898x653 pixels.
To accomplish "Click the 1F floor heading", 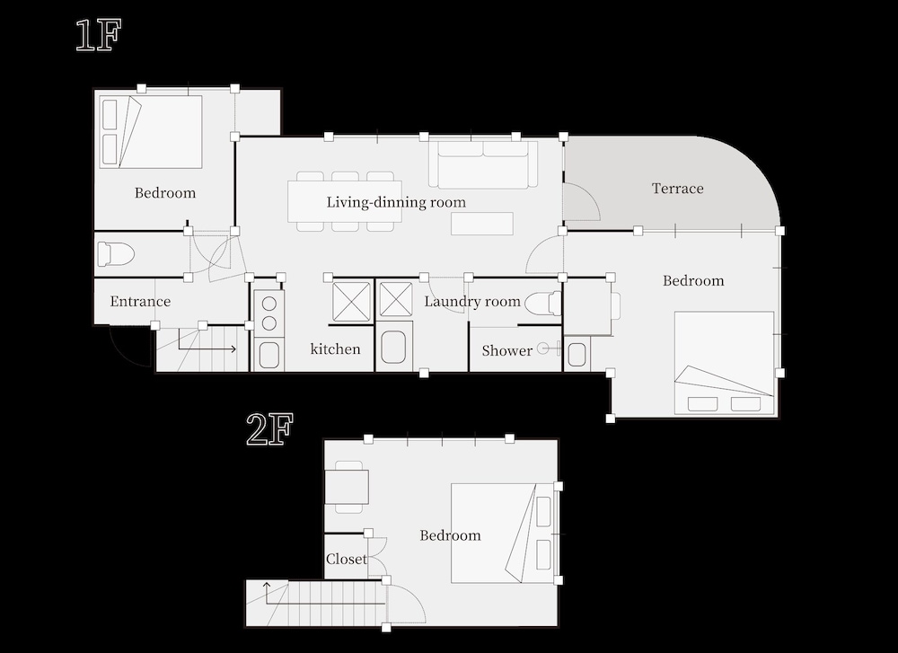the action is pyautogui.click(x=99, y=36).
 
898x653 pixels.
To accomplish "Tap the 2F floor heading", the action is pyautogui.click(x=269, y=429).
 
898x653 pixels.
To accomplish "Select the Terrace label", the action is pyautogui.click(x=677, y=189).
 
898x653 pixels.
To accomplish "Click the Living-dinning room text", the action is pyautogui.click(x=396, y=202).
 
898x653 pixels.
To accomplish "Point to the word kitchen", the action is pyautogui.click(x=335, y=349).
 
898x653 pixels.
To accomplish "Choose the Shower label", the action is pyautogui.click(x=506, y=350).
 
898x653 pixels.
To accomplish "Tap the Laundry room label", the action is pyautogui.click(x=472, y=302).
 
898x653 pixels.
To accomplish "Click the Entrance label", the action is pyautogui.click(x=140, y=301).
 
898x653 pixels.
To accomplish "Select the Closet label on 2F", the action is pyautogui.click(x=346, y=559).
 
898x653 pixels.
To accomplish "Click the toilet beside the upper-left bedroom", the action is pyautogui.click(x=116, y=254).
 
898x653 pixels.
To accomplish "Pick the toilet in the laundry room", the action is pyautogui.click(x=542, y=303).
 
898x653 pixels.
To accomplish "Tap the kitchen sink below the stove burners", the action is pyautogui.click(x=269, y=355).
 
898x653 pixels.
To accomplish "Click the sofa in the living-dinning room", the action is pyautogui.click(x=483, y=163).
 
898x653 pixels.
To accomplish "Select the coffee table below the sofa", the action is pyautogui.click(x=481, y=224).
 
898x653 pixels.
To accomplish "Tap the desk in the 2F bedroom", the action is pyautogui.click(x=347, y=487).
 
